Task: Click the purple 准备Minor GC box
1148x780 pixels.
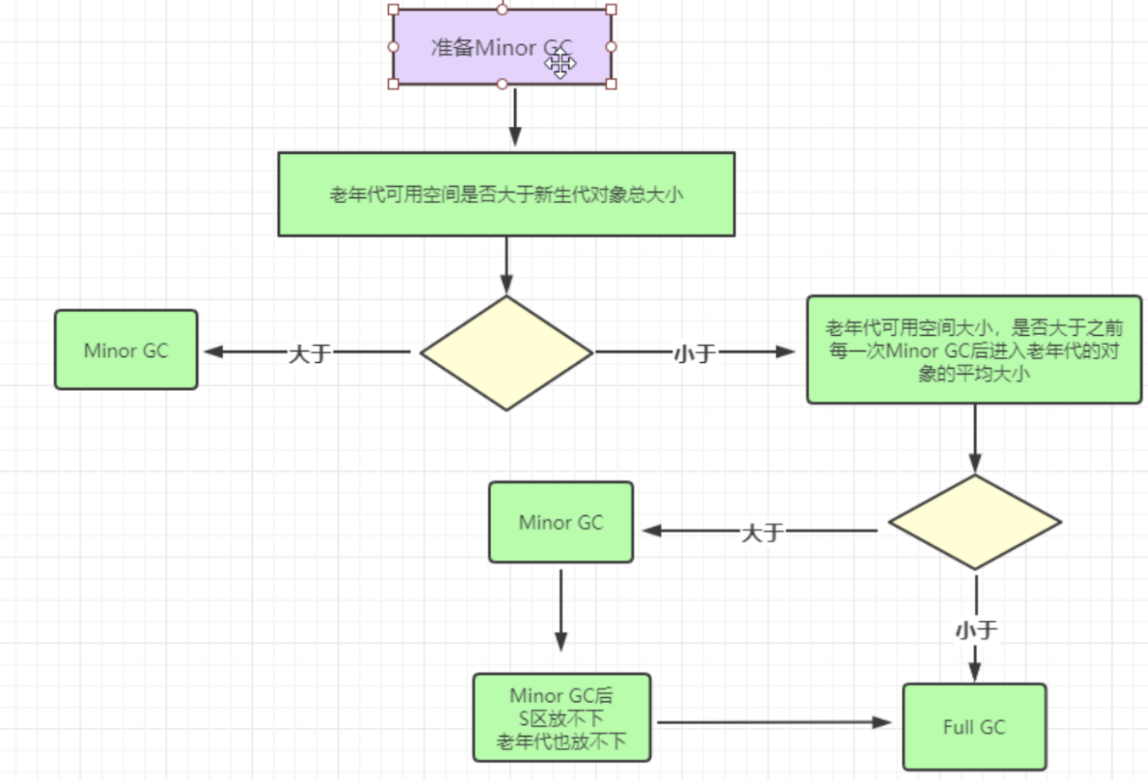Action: pyautogui.click(x=473, y=47)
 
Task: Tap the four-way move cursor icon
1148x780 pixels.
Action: pyautogui.click(x=560, y=63)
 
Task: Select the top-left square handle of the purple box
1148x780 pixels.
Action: pyautogui.click(x=393, y=10)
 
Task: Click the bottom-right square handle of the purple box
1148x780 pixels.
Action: pyautogui.click(x=611, y=84)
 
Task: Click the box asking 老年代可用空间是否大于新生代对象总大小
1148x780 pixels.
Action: pyautogui.click(x=506, y=195)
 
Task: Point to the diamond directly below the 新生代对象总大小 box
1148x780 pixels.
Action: pyautogui.click(x=506, y=353)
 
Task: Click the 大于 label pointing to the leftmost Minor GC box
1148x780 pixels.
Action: pyautogui.click(x=309, y=353)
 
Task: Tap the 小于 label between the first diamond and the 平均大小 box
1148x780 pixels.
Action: pyautogui.click(x=694, y=353)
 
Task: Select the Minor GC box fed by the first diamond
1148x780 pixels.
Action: pyautogui.click(x=126, y=350)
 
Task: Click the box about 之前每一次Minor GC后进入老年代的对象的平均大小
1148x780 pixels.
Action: pyautogui.click(x=974, y=349)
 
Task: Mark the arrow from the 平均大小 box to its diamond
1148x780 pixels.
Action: pyautogui.click(x=975, y=437)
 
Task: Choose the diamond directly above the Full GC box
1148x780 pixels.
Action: pyautogui.click(x=975, y=522)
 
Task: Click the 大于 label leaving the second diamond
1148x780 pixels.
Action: pyautogui.click(x=762, y=532)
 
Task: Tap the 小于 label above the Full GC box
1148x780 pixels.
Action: pyautogui.click(x=976, y=630)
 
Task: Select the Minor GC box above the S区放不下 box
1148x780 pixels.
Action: pyautogui.click(x=560, y=522)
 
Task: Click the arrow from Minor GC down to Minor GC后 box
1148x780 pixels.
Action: pyautogui.click(x=560, y=609)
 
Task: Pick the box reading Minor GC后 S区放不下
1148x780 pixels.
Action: pyautogui.click(x=561, y=718)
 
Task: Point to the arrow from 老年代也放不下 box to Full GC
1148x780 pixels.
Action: pyautogui.click(x=774, y=722)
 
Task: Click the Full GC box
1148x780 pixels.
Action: pyautogui.click(x=974, y=727)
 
